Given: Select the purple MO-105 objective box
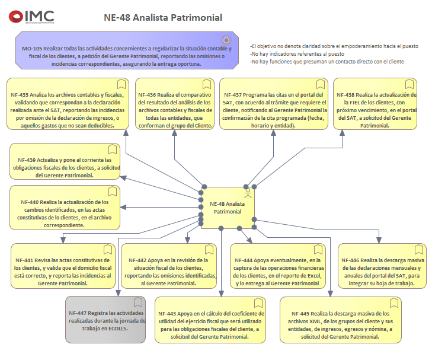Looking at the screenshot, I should (126, 52).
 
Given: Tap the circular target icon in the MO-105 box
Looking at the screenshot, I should (226, 40).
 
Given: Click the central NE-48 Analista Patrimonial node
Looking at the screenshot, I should (228, 208).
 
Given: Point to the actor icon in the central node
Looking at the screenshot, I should (248, 193).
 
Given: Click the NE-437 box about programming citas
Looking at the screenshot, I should (274, 106).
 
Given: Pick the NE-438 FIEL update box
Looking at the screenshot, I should (377, 106).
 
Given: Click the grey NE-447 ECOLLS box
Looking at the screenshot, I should (105, 320).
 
